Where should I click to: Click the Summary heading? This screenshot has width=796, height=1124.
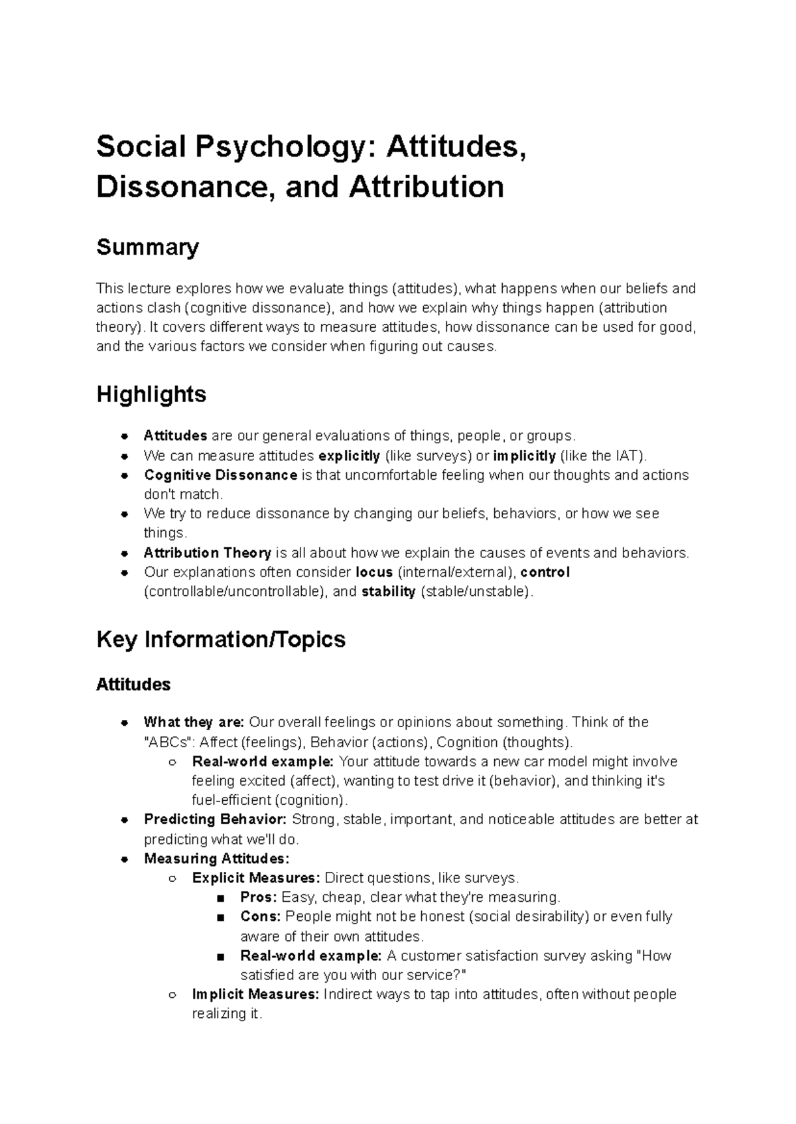tap(147, 247)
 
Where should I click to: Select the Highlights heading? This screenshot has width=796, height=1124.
tap(151, 395)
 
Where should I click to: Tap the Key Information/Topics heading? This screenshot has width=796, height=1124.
tap(221, 640)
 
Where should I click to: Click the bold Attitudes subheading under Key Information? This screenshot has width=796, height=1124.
tap(133, 685)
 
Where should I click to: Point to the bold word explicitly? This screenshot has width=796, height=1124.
tap(349, 456)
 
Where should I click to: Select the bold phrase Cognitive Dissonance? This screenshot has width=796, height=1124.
tap(220, 475)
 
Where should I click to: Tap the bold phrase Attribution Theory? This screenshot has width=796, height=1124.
tap(208, 553)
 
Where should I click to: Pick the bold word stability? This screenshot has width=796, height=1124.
tap(388, 592)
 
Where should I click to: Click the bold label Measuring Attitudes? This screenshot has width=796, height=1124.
tap(217, 859)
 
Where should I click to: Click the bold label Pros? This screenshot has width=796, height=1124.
tap(259, 897)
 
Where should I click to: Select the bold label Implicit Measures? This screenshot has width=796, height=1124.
tap(255, 995)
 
